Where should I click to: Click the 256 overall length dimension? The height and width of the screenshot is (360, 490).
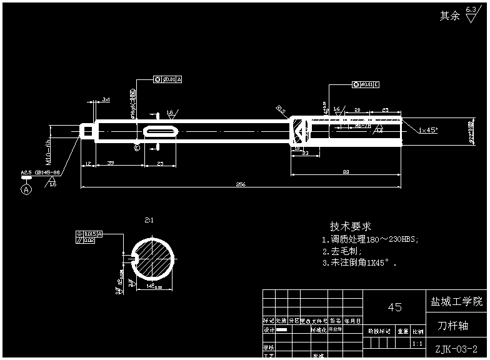click(x=241, y=184)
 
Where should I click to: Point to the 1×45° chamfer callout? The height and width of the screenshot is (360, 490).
click(x=428, y=130)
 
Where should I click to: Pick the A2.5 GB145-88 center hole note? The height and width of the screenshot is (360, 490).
click(x=41, y=171)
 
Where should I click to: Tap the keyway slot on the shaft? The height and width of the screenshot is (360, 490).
click(x=161, y=131)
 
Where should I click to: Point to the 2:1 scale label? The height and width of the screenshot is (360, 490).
click(x=149, y=220)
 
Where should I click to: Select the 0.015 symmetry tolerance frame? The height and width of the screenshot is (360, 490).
click(x=89, y=233)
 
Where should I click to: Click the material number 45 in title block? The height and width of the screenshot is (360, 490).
click(x=394, y=307)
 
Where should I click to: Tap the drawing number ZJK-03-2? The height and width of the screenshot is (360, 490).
click(x=456, y=349)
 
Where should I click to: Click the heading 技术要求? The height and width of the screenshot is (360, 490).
click(x=351, y=226)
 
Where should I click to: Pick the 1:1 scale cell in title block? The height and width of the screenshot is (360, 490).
click(x=417, y=343)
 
